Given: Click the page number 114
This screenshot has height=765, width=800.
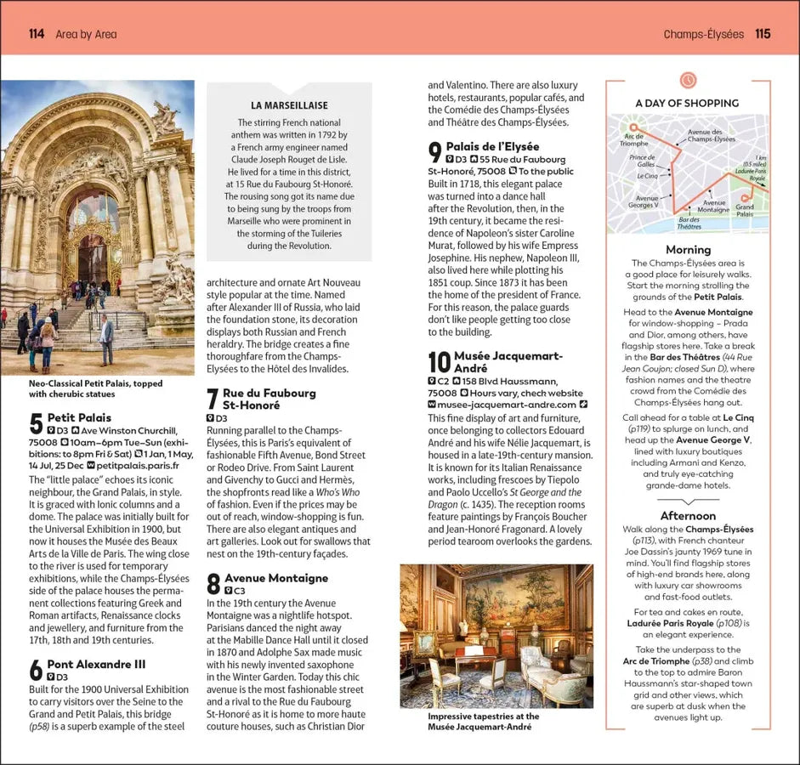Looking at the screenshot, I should click(36, 34).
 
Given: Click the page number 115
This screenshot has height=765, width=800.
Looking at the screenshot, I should click(763, 34).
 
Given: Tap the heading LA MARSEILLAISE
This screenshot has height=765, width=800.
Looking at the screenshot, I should click(289, 105).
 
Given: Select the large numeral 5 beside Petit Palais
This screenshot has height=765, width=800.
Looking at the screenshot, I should click(36, 424).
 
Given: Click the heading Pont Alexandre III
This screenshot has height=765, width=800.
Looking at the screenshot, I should click(96, 664).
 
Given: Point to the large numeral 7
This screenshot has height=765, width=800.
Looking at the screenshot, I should click(213, 399).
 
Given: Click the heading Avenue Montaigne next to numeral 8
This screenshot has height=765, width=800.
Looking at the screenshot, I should click(275, 578).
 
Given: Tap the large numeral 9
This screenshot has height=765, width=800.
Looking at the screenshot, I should click(435, 153).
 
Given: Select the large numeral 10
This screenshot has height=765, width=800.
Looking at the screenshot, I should click(439, 362).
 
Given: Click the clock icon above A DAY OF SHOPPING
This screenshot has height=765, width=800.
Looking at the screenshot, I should click(688, 80).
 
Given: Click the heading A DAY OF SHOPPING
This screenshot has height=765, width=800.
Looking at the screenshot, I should click(687, 103).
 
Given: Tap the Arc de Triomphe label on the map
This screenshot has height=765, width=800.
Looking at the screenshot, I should click(634, 139).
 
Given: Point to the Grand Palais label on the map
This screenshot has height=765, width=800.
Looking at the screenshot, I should click(745, 210).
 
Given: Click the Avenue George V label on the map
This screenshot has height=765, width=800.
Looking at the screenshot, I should click(643, 201).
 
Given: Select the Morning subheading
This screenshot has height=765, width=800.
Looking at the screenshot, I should click(688, 249).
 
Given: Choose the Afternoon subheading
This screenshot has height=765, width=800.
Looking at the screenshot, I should click(688, 515).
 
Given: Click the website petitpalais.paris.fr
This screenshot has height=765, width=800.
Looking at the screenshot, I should click(138, 465).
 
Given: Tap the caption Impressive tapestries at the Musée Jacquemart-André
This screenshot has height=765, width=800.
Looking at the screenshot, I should click(484, 722).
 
